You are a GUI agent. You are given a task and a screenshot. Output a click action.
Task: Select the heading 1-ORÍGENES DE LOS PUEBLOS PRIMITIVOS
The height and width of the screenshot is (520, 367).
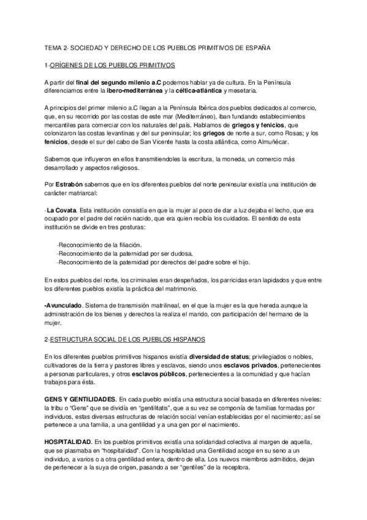(110, 64)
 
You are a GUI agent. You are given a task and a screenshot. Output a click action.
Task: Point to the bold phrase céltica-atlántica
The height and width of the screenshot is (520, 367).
(196, 91)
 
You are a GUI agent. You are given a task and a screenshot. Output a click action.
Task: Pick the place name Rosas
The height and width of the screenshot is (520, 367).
(274, 134)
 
